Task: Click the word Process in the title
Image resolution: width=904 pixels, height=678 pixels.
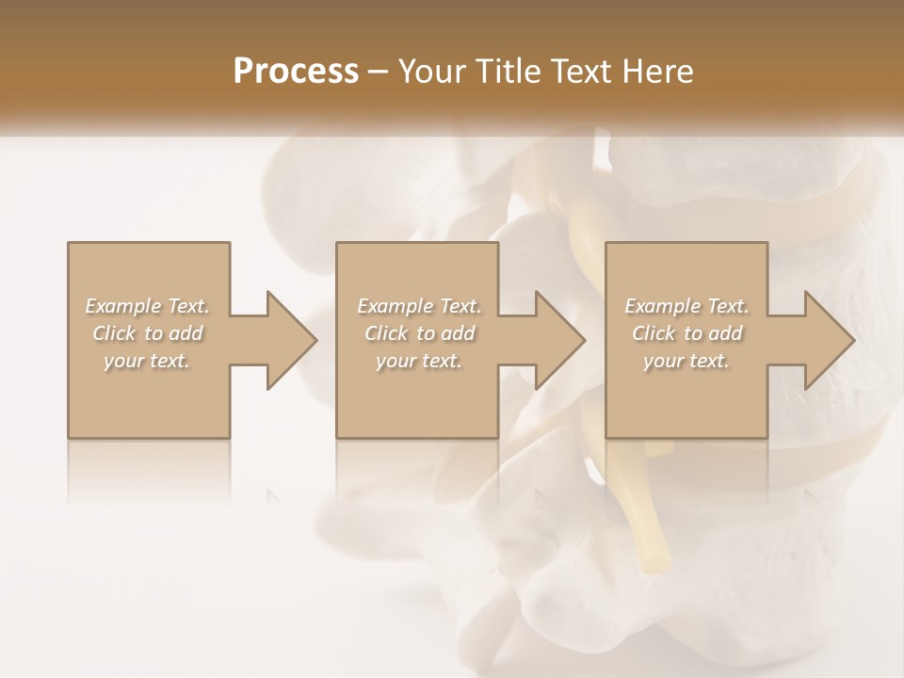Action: coord(296,72)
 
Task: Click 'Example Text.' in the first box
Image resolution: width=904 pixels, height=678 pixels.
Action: coord(148,306)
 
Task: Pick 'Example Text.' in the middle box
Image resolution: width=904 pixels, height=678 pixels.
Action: coord(419,306)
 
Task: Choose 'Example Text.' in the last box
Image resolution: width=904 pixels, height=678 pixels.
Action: coord(686,306)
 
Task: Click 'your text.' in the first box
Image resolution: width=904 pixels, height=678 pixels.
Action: coord(148,361)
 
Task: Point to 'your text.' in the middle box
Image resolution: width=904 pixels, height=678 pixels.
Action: coord(419,361)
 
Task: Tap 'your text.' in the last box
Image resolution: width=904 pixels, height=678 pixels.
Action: coord(686,361)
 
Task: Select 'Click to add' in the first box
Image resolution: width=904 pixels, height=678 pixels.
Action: coord(148,333)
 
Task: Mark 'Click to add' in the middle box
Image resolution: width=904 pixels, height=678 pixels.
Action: coord(419,333)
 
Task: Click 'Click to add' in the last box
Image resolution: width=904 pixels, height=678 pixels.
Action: coord(686,333)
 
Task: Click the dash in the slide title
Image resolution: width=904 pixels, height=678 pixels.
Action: coord(379,73)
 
